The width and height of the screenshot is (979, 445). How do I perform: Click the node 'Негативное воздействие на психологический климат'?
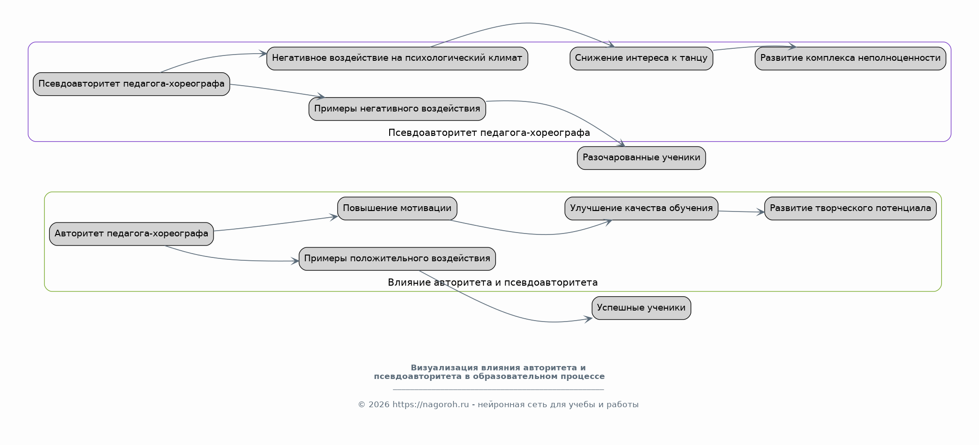[397, 58]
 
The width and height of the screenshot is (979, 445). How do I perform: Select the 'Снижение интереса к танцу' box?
[641, 58]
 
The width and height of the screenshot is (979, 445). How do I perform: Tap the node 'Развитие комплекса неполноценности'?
[850, 58]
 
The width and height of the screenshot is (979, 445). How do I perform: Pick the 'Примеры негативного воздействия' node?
[397, 109]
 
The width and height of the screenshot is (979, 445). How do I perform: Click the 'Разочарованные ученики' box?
[641, 158]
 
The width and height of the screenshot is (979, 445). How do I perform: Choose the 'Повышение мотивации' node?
[397, 209]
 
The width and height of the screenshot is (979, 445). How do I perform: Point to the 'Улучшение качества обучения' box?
[641, 209]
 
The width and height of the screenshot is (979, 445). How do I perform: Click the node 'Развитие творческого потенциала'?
[850, 209]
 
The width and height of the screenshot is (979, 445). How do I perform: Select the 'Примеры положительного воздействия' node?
[397, 259]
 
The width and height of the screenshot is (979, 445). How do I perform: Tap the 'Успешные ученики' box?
[641, 308]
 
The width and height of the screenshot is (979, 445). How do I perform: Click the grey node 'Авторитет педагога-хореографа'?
[131, 234]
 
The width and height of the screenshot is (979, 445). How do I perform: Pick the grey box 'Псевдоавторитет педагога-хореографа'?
[131, 84]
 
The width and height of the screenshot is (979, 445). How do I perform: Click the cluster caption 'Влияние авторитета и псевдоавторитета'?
[493, 283]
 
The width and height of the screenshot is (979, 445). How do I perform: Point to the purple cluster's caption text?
[489, 133]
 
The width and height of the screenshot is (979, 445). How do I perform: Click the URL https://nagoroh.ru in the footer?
[430, 405]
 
